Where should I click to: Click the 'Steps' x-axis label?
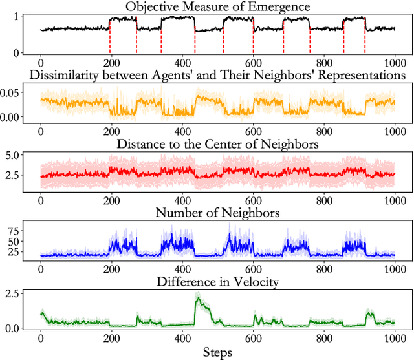click(x=217, y=353)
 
